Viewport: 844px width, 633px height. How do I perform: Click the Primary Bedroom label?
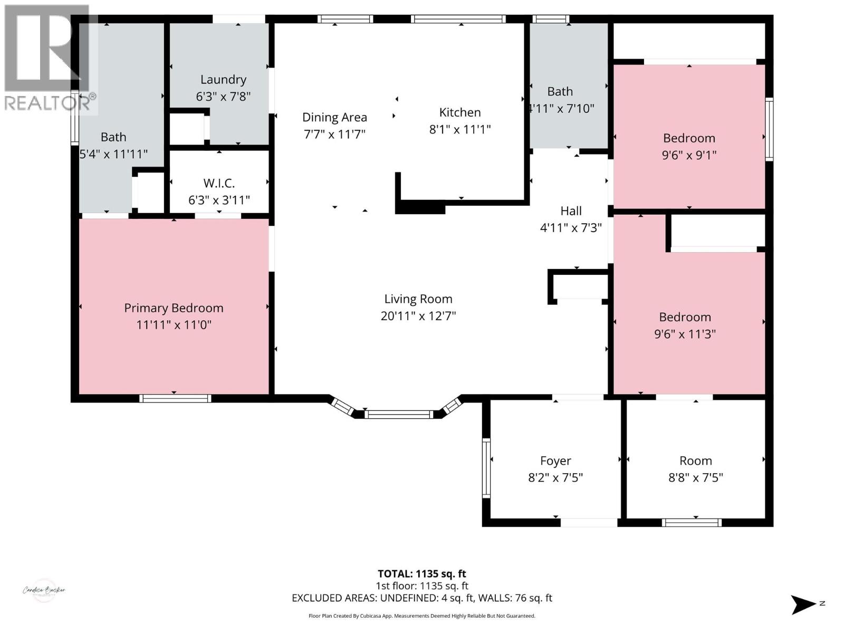tap(174, 308)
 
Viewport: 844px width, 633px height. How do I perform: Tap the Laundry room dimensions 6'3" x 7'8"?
tap(223, 97)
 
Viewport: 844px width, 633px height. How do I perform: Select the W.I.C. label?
tap(219, 183)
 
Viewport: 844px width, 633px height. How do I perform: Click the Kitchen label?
tap(460, 112)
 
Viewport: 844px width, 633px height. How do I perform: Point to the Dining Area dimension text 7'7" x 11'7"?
tap(334, 134)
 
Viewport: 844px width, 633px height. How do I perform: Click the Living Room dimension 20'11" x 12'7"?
tap(418, 315)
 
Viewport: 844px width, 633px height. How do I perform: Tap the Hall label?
tap(571, 211)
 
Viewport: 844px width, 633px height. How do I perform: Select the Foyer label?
tap(555, 461)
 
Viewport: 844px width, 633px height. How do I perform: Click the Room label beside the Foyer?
tap(695, 461)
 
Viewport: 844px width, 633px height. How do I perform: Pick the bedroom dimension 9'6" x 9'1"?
tap(689, 155)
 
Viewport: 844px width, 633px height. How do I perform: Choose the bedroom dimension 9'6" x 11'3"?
tap(685, 333)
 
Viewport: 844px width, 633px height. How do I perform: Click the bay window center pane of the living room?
tap(399, 414)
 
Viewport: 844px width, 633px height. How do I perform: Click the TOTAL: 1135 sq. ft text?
tap(421, 573)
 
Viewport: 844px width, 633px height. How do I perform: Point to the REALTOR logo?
tap(47, 58)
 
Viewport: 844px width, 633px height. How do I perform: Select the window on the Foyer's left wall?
tap(486, 468)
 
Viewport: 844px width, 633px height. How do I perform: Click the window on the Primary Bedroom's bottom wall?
tap(175, 398)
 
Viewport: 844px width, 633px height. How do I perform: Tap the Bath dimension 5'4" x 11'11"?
tap(113, 154)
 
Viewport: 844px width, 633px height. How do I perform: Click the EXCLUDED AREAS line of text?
tap(421, 598)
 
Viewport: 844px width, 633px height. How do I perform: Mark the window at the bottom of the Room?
tap(692, 523)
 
